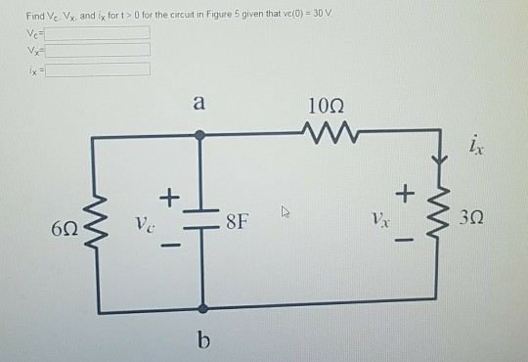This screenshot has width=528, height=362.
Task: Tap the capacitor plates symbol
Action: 202,219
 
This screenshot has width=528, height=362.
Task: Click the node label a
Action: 199,101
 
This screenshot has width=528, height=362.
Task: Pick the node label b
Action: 203,339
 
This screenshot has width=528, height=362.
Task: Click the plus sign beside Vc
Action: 167,199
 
